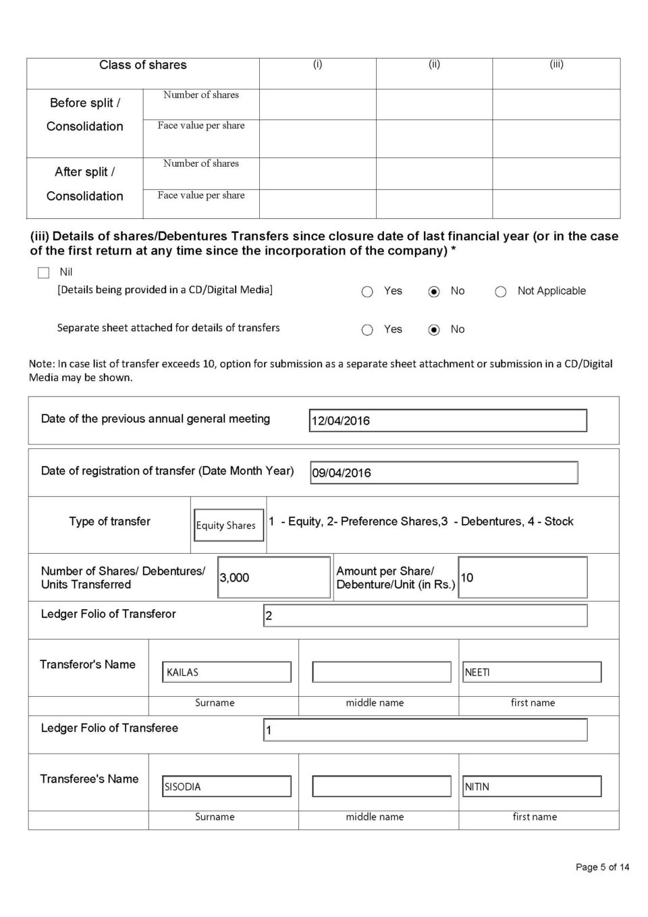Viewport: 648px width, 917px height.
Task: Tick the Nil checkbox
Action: [x=44, y=273]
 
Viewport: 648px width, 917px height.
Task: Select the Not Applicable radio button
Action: [x=501, y=292]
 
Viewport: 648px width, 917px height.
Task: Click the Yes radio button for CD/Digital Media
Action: [x=367, y=292]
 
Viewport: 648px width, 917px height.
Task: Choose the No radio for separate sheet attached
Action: [x=434, y=330]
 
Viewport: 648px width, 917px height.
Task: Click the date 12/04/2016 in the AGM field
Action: [x=341, y=421]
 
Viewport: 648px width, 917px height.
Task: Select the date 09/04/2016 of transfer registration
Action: [x=342, y=473]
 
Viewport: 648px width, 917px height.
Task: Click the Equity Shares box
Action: [x=226, y=525]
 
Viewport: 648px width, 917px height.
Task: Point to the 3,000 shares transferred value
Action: [x=235, y=578]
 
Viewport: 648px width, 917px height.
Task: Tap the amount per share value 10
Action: [x=467, y=578]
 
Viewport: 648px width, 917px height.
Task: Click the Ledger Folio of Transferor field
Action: [x=425, y=616]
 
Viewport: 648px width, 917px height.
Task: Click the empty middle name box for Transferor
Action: [x=381, y=672]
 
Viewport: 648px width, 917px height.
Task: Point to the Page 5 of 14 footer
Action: [x=602, y=867]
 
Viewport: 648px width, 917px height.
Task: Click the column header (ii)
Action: [x=434, y=65]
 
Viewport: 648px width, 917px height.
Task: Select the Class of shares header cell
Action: [x=143, y=65]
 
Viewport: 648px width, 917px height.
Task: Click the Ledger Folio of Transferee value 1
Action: [x=269, y=731]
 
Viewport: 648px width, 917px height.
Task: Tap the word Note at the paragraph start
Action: [x=41, y=364]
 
